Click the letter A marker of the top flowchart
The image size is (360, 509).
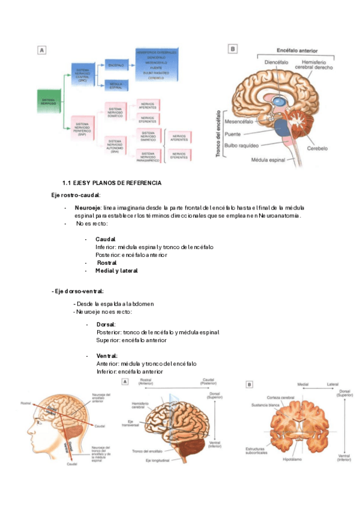[x=41, y=50]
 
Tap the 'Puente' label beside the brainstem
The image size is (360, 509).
[x=241, y=134]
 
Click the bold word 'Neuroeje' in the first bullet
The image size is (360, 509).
[x=87, y=207]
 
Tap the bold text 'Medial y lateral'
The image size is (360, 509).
[x=116, y=270]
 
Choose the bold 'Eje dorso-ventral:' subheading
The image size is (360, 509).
[x=78, y=291]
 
